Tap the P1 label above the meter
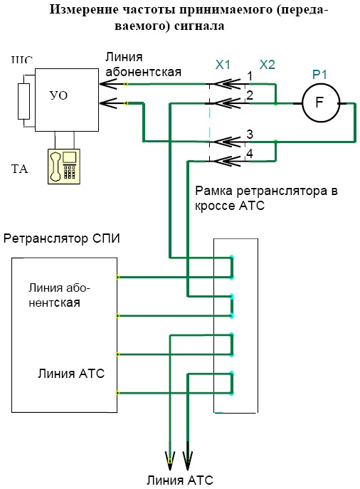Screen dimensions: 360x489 [319, 75]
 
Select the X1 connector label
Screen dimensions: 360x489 [223, 65]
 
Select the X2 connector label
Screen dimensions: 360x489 [267, 65]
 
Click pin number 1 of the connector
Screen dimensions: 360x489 [250, 76]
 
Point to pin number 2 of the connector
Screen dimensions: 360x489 [250, 95]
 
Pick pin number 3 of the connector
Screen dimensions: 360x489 [250, 135]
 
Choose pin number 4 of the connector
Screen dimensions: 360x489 [250, 154]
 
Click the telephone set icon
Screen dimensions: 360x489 [64, 167]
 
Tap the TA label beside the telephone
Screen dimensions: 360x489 [20, 169]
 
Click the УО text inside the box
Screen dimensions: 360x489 [58, 95]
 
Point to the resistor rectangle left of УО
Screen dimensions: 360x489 [23, 101]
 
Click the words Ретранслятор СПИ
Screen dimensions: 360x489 [62, 238]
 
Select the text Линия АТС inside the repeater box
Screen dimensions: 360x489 [71, 373]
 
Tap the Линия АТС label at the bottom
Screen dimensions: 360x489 [180, 480]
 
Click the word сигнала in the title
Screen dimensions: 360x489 [199, 26]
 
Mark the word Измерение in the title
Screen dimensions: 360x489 [84, 10]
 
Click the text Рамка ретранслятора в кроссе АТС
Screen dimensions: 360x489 [266, 198]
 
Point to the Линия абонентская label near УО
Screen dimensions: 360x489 [143, 65]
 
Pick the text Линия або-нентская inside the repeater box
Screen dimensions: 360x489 [59, 295]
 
